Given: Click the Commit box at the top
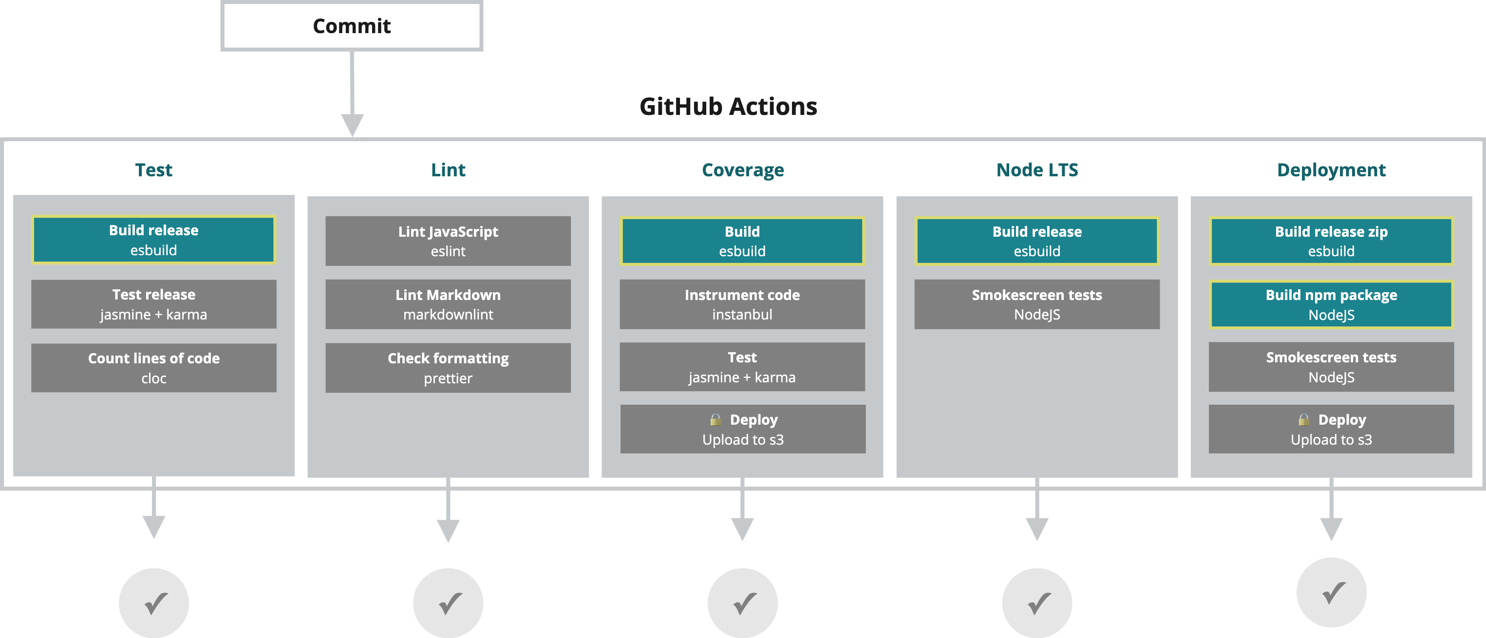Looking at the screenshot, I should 351,26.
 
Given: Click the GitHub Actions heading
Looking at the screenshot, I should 728,107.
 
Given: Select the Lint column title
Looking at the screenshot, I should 448,170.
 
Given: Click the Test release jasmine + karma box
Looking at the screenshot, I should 153,304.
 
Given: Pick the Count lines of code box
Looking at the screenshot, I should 153,368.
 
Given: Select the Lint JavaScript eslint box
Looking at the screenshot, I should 448,241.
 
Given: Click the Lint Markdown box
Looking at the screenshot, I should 448,304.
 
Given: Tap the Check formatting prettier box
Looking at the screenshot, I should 448,368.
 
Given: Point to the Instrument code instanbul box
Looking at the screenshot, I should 742,304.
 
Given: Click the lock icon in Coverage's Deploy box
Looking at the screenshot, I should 715,419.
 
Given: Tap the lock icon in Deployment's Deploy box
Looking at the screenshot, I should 1304,419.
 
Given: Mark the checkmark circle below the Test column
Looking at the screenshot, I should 154,603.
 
